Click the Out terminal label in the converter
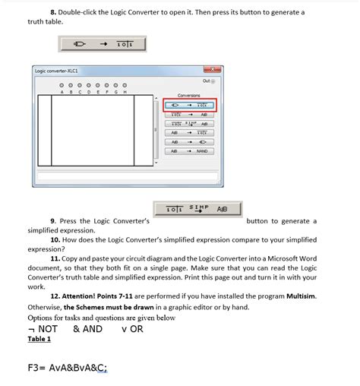point(208,81)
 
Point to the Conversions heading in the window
point(188,95)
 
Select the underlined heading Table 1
point(39,339)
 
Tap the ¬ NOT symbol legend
point(43,328)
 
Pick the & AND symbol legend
point(88,328)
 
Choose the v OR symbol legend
point(132,328)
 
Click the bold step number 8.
point(54,12)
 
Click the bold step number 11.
point(55,258)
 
